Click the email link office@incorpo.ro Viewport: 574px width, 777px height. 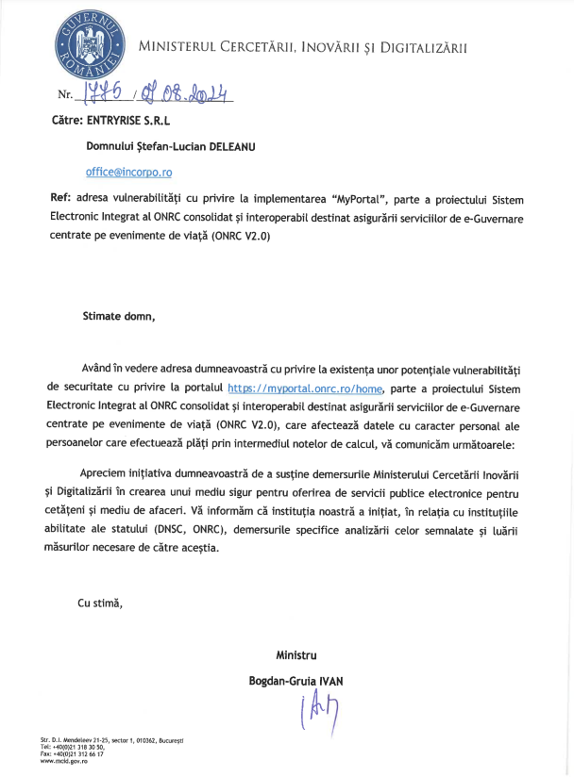point(128,173)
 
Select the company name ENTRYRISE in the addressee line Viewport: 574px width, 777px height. point(121,120)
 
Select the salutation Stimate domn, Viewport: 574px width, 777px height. point(118,316)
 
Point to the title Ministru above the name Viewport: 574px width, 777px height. point(295,654)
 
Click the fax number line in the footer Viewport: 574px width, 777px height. point(72,754)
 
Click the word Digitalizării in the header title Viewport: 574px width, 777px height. point(420,46)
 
